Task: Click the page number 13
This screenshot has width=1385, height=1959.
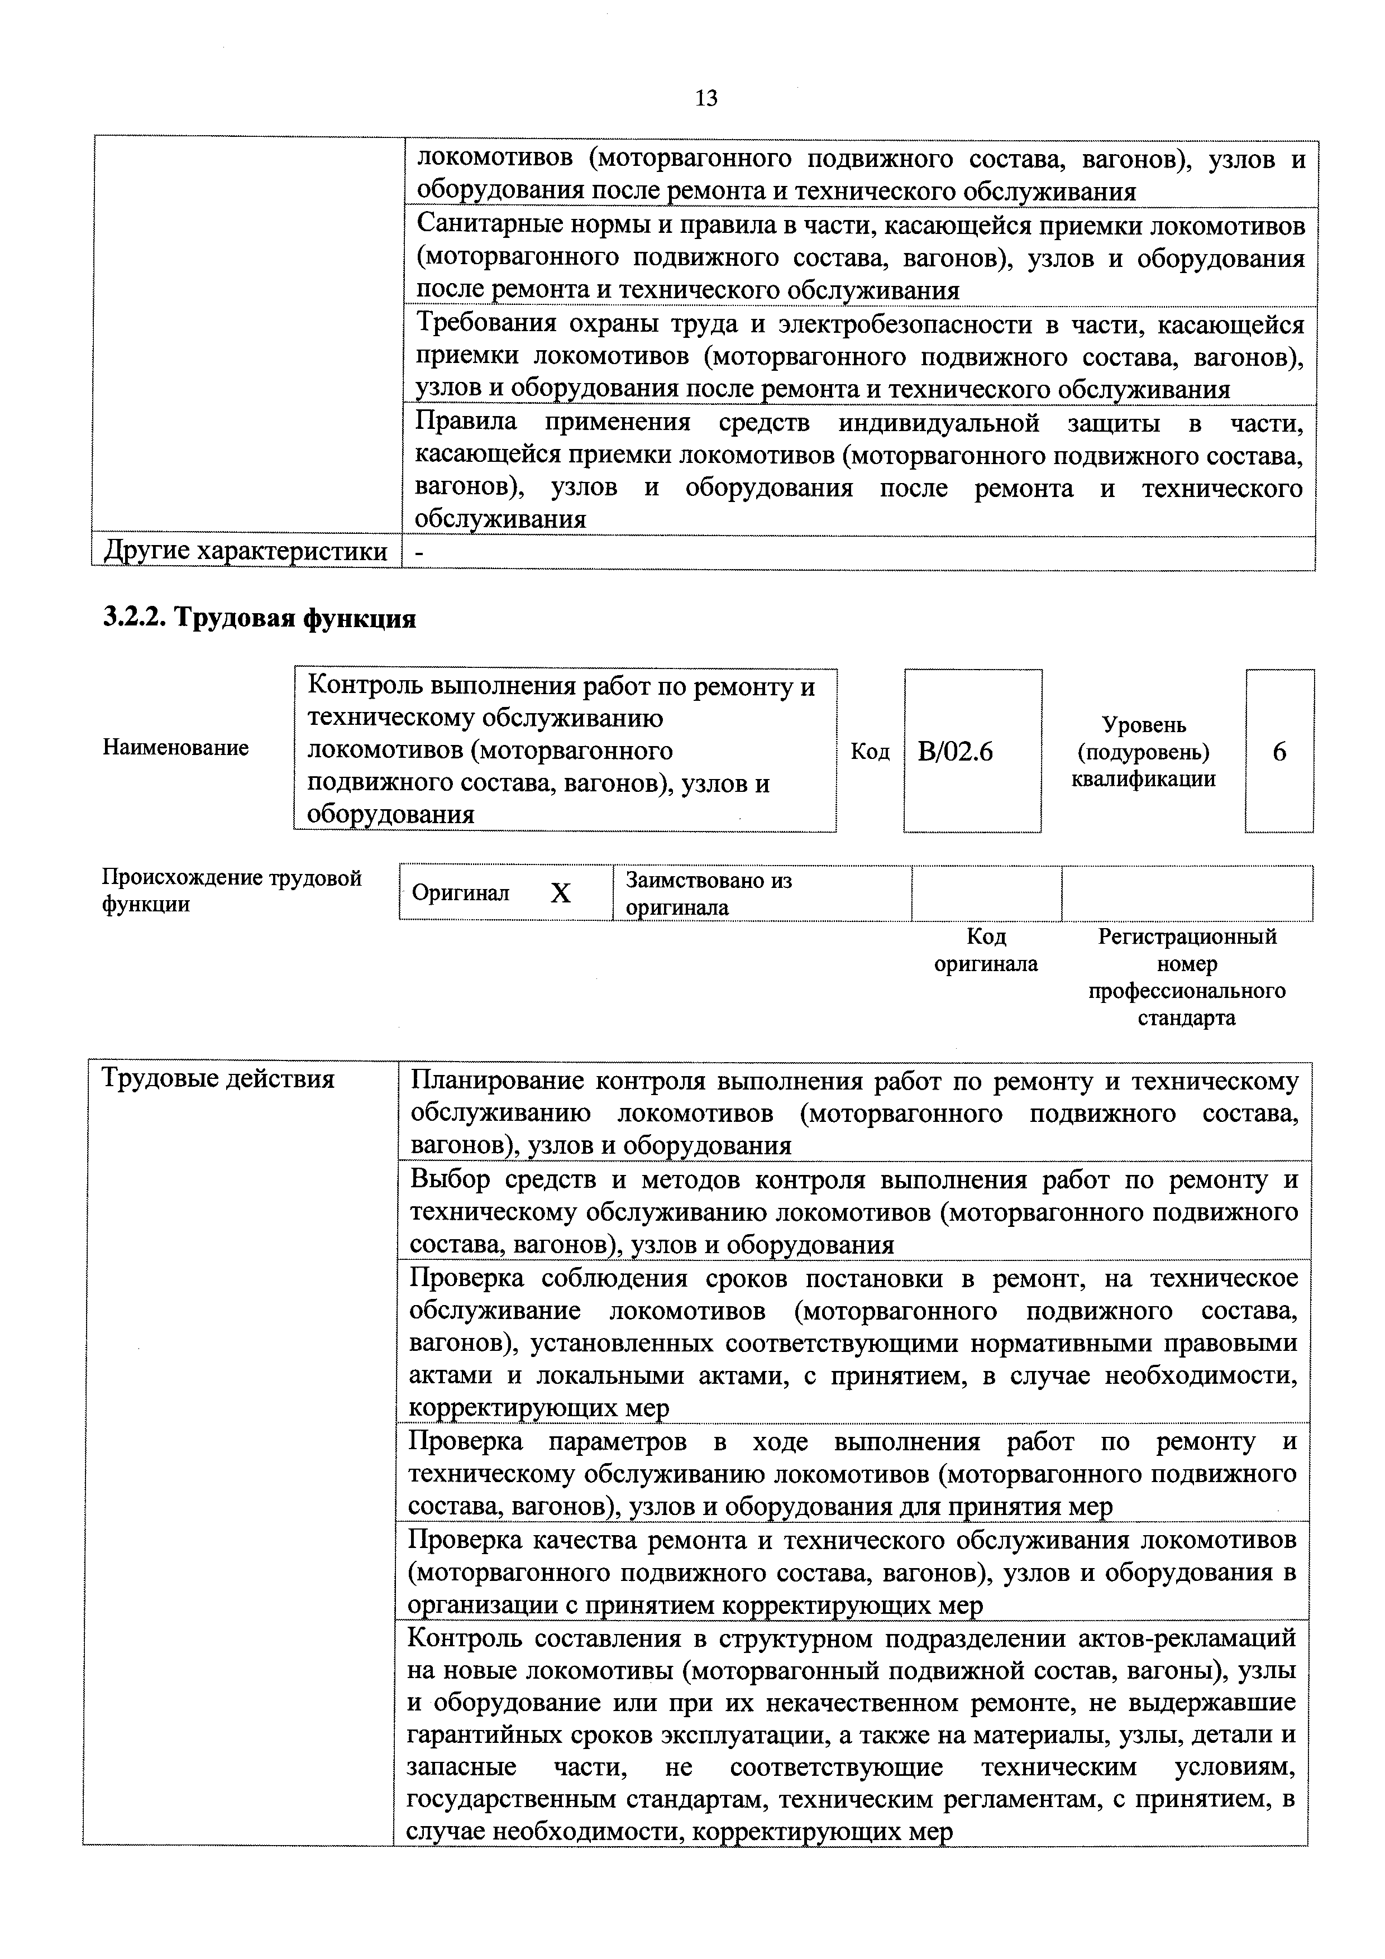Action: click(706, 99)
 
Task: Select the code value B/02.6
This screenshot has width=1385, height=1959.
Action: click(956, 752)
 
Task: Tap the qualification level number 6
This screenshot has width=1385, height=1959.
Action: click(1279, 752)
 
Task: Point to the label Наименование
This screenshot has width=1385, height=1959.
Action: click(176, 747)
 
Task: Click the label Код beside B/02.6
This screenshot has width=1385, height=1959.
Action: click(871, 752)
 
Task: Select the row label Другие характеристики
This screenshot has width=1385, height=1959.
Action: click(246, 552)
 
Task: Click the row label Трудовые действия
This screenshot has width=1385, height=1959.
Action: click(218, 1078)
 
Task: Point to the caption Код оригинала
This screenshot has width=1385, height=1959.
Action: click(986, 950)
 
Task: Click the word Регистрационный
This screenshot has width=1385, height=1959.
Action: click(1187, 937)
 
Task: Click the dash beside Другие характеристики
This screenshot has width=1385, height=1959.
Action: click(419, 553)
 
